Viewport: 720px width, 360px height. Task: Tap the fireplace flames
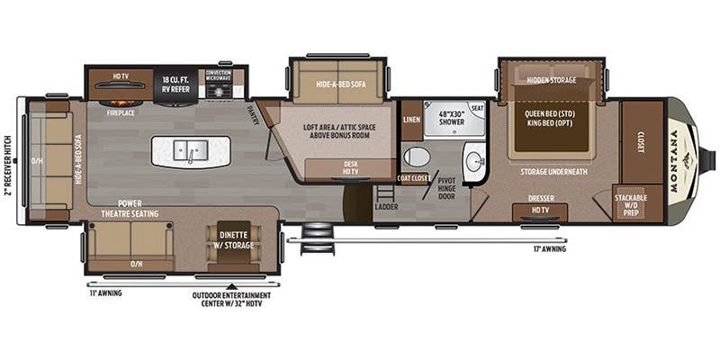coord(120,98)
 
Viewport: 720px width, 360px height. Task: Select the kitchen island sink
coord(191,152)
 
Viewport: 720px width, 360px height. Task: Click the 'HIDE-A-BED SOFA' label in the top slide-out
coord(338,84)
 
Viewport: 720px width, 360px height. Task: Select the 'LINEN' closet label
coord(411,120)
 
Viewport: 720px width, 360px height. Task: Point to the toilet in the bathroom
coord(417,157)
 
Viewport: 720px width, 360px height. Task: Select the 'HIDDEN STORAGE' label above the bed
coord(551,79)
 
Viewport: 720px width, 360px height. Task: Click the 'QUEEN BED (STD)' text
coord(550,114)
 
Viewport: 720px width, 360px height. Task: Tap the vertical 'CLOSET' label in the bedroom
coord(641,144)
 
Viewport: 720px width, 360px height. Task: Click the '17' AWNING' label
coord(547,249)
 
